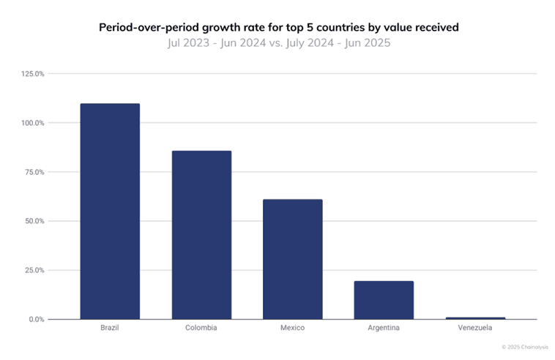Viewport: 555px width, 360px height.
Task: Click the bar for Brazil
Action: coord(110,211)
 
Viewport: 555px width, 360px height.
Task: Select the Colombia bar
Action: coord(201,235)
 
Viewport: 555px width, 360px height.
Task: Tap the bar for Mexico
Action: coord(292,259)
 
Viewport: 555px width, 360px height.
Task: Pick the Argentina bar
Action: coord(384,300)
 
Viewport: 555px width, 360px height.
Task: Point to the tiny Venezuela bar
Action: coord(475,318)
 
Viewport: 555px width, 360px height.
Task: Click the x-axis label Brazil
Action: coord(110,328)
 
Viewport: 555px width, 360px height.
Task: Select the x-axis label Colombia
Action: coord(201,328)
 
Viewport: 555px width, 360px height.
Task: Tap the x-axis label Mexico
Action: coord(292,328)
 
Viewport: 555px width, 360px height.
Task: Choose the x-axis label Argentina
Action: coord(384,328)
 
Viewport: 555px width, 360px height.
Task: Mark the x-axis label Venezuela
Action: coord(475,328)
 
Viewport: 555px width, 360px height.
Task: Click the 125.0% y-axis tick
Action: coord(34,74)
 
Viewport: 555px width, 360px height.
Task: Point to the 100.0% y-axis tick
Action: coord(34,123)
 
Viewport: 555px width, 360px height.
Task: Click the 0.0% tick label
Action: coord(37,319)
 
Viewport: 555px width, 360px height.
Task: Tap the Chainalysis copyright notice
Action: coord(524,347)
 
